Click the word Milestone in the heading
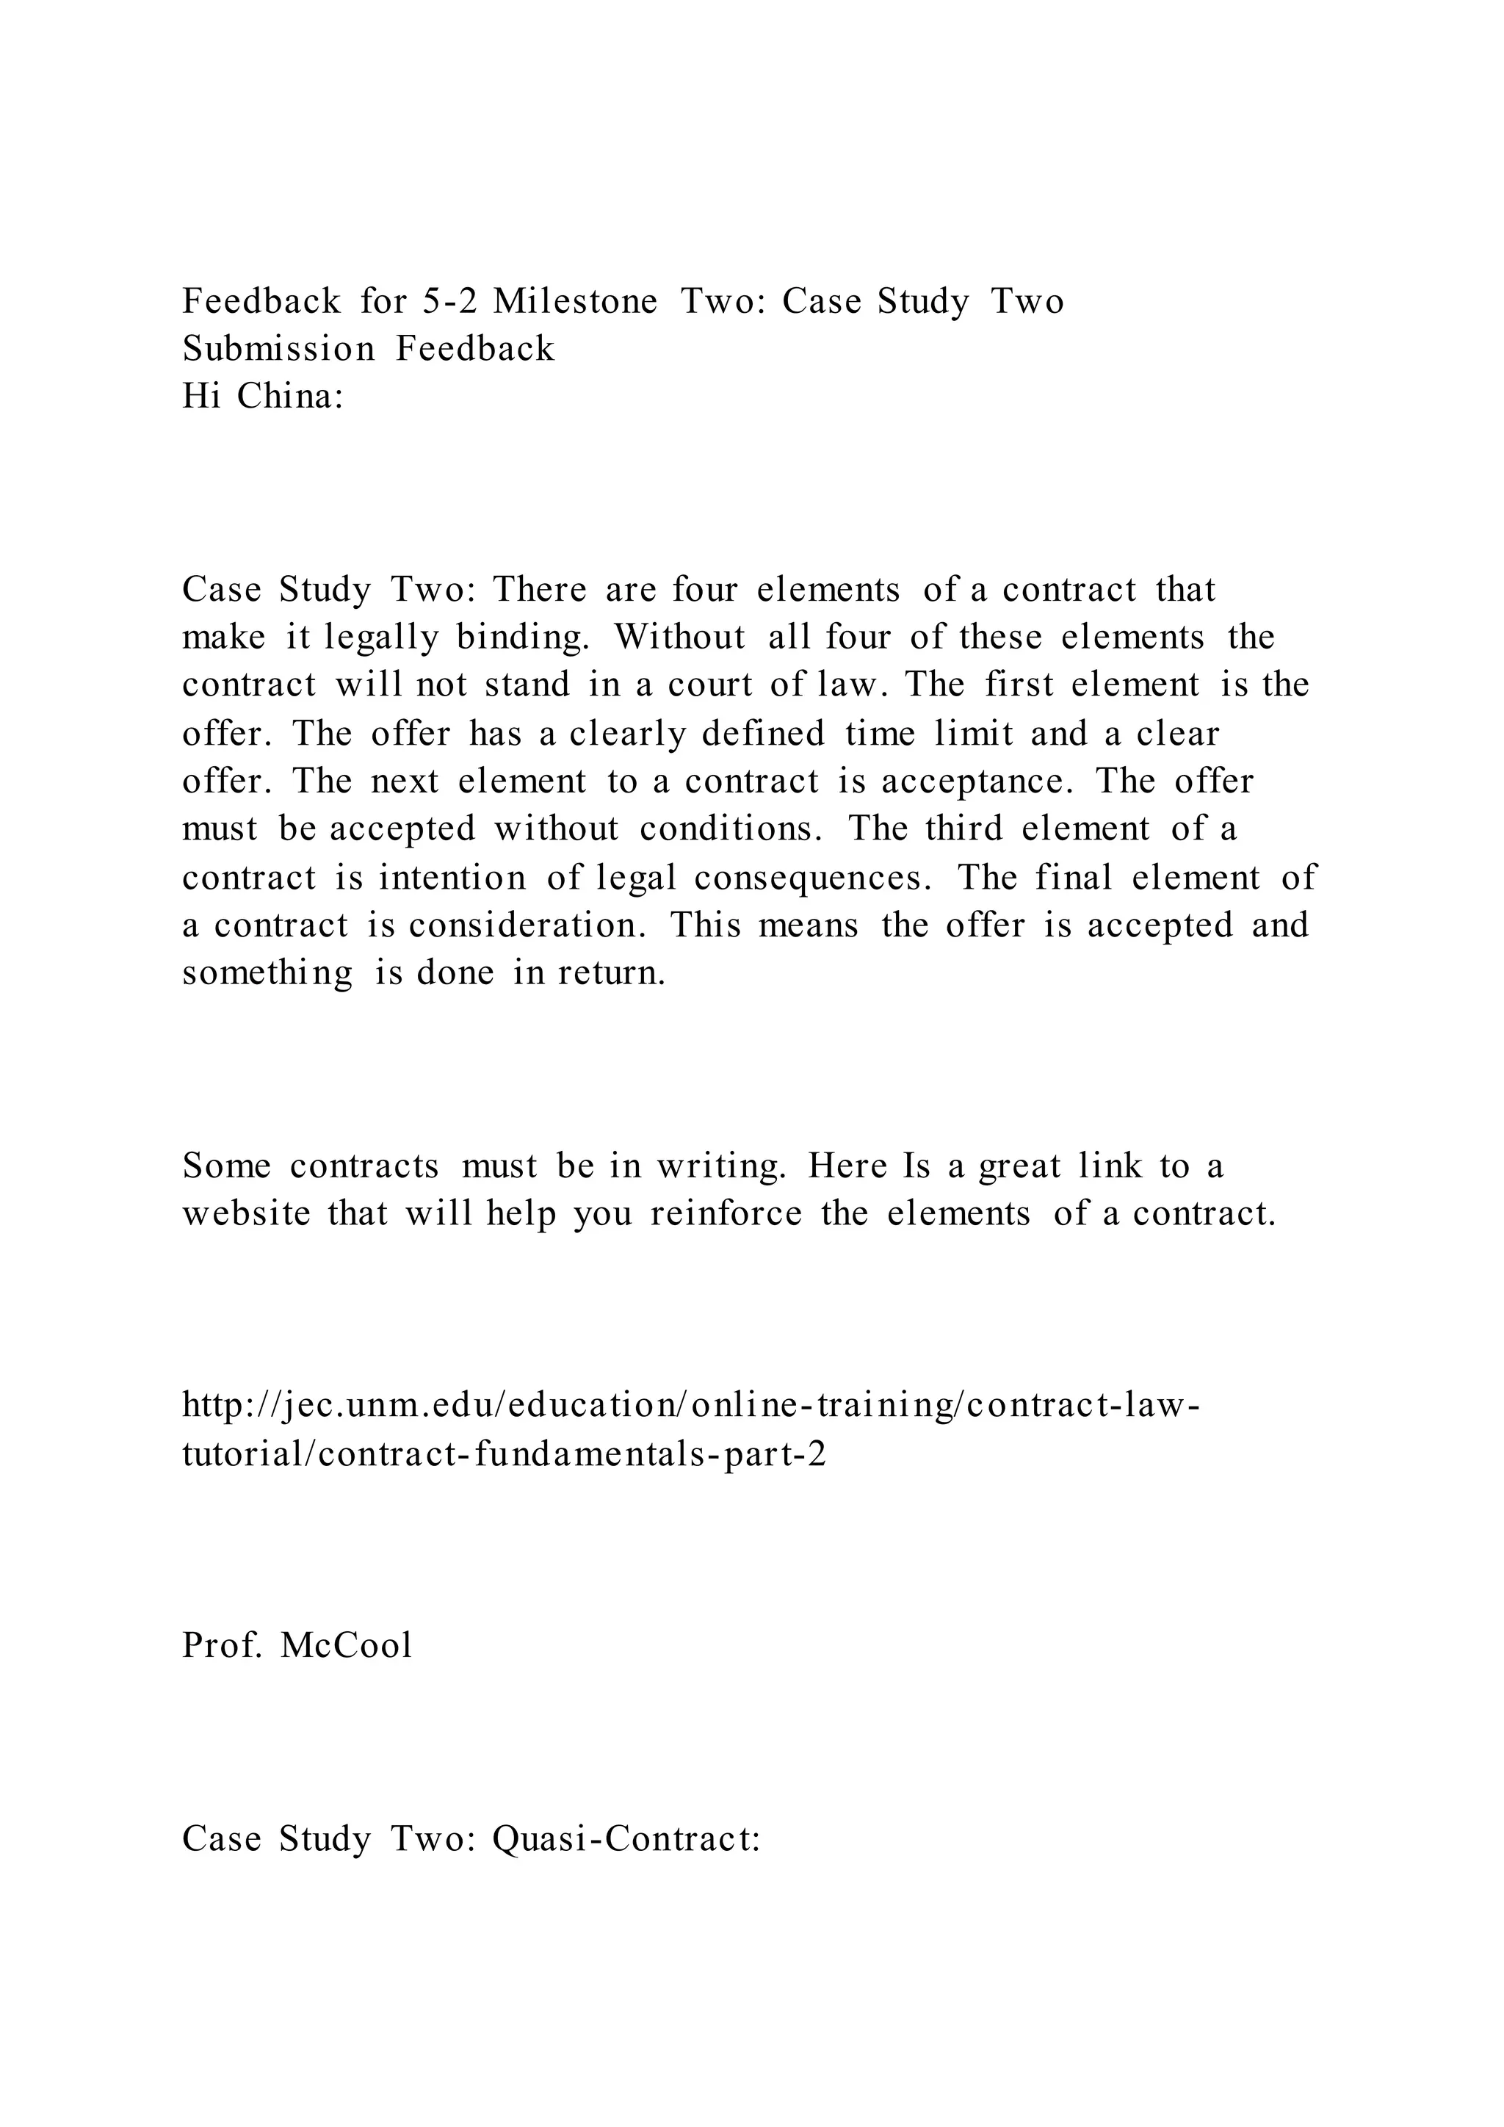575,302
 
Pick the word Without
680,638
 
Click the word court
709,685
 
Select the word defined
762,734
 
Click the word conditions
731,829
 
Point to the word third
963,829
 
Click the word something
267,974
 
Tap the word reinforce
726,1213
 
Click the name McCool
345,1645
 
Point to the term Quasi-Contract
626,1838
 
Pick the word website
246,1213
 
